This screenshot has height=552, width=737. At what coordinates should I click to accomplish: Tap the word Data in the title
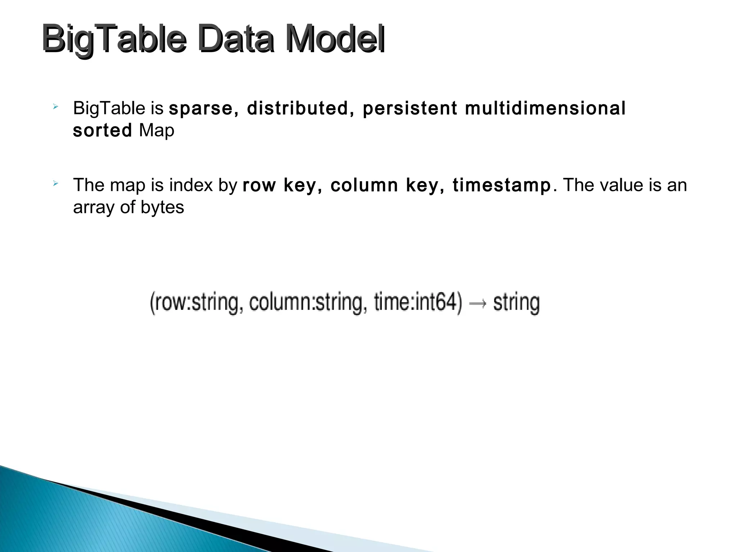tap(236, 40)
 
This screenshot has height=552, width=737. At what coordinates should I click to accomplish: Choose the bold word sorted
tap(103, 130)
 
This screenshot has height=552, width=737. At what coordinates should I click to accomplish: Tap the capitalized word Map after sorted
tap(157, 130)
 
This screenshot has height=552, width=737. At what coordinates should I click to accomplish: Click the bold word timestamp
tap(502, 185)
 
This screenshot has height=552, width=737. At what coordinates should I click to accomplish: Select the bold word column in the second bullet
tap(364, 185)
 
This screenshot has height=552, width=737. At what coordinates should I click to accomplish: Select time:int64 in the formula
tap(418, 303)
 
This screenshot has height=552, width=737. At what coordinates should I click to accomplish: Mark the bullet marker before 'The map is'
tap(55, 184)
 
